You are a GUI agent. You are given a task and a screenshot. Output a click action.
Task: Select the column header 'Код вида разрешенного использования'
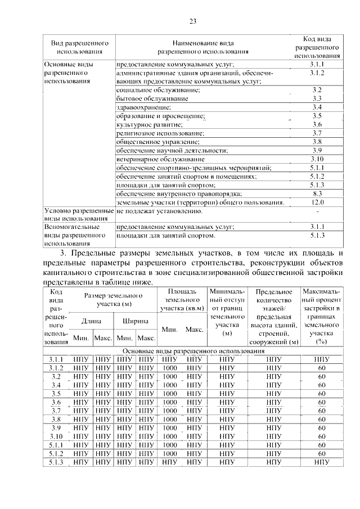(317, 47)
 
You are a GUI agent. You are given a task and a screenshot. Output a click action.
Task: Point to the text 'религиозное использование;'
(160, 133)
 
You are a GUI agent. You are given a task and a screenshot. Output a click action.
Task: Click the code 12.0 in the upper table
(317, 202)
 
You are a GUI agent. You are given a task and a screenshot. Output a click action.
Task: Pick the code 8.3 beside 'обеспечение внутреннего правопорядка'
(317, 193)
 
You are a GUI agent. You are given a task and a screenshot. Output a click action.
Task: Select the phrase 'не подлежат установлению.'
(159, 211)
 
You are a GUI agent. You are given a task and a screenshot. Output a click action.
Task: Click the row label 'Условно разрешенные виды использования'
(78, 215)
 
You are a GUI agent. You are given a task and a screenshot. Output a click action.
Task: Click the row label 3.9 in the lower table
(56, 427)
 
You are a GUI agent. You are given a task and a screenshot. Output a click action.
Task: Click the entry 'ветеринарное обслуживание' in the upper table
(152, 159)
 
